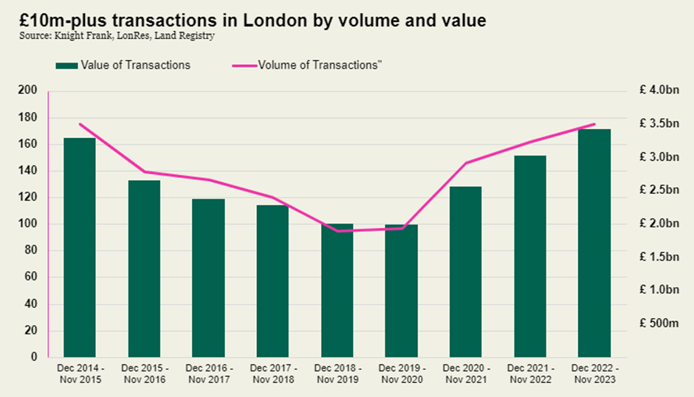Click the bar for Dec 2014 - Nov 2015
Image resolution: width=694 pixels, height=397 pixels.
pyautogui.click(x=80, y=247)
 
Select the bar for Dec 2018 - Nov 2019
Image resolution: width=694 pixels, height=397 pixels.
pyautogui.click(x=337, y=290)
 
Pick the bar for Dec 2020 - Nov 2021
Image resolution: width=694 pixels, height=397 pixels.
pyautogui.click(x=465, y=272)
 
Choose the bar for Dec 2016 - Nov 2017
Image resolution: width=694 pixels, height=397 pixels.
pyautogui.click(x=208, y=277)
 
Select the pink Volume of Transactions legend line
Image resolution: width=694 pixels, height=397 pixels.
pyautogui.click(x=241, y=66)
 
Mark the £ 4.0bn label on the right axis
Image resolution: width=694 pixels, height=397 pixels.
pyautogui.click(x=659, y=91)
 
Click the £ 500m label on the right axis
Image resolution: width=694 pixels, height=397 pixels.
pyautogui.click(x=659, y=323)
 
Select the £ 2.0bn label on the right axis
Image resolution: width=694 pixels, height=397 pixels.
pyautogui.click(x=659, y=224)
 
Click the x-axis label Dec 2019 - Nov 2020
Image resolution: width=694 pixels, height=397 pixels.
pyautogui.click(x=401, y=374)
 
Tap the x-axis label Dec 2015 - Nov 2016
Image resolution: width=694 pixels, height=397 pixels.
pyautogui.click(x=144, y=374)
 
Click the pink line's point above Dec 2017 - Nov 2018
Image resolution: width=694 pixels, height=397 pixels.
pyautogui.click(x=272, y=198)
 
